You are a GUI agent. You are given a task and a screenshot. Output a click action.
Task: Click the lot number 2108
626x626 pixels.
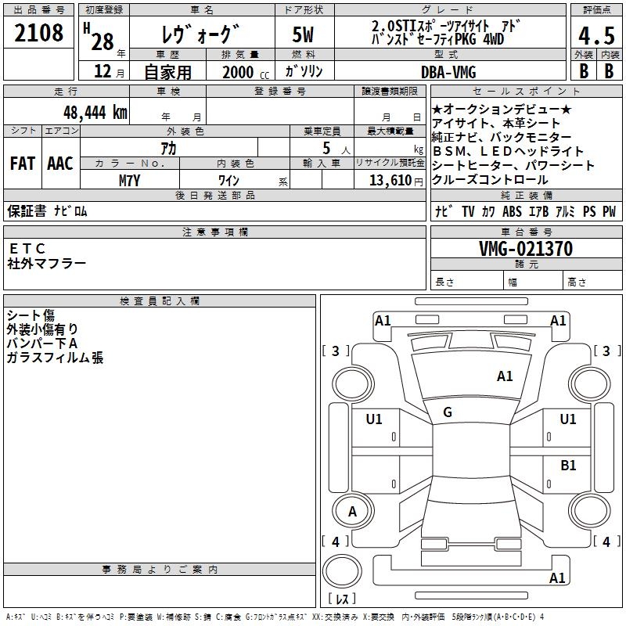pyautogui.click(x=39, y=33)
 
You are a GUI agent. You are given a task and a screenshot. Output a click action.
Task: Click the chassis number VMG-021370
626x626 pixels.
pyautogui.click(x=526, y=249)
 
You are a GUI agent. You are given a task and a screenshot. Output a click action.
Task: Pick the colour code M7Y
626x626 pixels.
pyautogui.click(x=129, y=180)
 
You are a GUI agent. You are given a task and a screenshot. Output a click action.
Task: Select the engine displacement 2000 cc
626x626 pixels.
pyautogui.click(x=239, y=72)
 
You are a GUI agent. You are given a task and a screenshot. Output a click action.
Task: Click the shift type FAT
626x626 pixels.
pyautogui.click(x=22, y=164)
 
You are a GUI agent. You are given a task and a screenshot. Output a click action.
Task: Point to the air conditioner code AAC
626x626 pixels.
pyautogui.click(x=60, y=164)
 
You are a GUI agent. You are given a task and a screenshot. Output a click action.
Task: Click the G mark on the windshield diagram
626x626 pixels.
pyautogui.click(x=448, y=412)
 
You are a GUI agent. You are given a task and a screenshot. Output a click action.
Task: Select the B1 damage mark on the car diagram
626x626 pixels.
pyautogui.click(x=568, y=466)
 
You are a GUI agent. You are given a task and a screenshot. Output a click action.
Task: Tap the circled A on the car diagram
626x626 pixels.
pyautogui.click(x=352, y=512)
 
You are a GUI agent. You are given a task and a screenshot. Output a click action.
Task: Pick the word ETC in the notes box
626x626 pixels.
pyautogui.click(x=27, y=248)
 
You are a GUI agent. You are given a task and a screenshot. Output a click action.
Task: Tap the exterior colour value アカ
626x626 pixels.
pyautogui.click(x=167, y=147)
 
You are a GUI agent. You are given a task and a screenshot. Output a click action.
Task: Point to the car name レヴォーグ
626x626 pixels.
pyautogui.click(x=200, y=34)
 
